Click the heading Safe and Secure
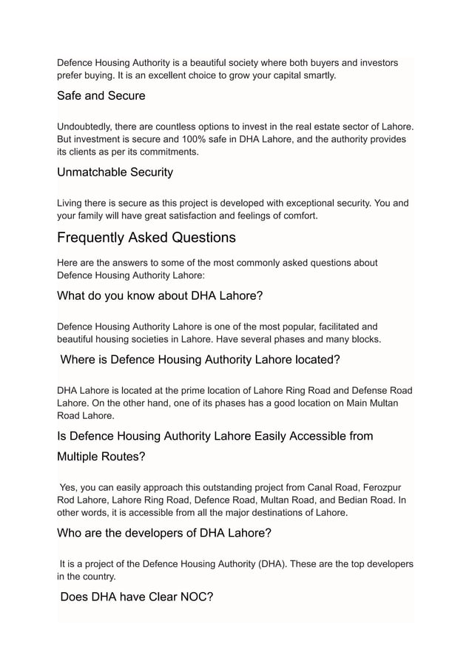pos(101,95)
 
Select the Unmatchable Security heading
pos(115,172)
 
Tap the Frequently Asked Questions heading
pos(146,238)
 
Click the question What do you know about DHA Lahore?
pos(160,296)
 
